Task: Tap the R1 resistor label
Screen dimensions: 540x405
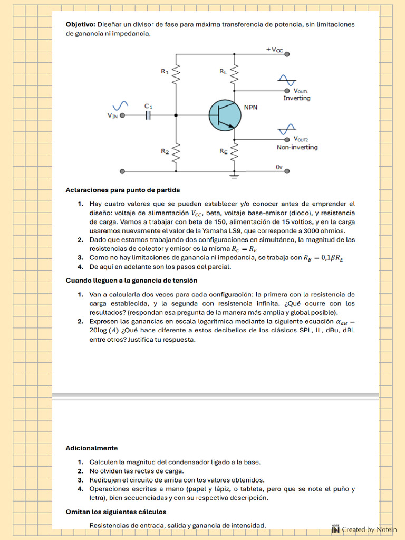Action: (x=165, y=72)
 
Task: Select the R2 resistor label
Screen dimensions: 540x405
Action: (x=165, y=151)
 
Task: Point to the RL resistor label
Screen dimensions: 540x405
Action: (x=224, y=72)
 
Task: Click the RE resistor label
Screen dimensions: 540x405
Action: (x=224, y=151)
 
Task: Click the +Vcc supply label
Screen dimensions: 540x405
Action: (x=274, y=49)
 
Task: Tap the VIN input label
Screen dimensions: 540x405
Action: (x=112, y=115)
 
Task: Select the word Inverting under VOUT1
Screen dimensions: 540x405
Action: (x=296, y=98)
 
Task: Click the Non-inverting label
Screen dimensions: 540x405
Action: (x=297, y=147)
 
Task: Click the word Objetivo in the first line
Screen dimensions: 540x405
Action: (x=80, y=24)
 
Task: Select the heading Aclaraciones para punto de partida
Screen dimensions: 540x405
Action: (x=122, y=190)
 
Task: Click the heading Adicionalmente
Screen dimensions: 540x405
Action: (x=91, y=448)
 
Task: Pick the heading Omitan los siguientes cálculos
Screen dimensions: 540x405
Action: (x=115, y=512)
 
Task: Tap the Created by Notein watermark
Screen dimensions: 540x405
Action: (x=364, y=529)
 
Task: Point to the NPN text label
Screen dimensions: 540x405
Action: (x=250, y=107)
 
